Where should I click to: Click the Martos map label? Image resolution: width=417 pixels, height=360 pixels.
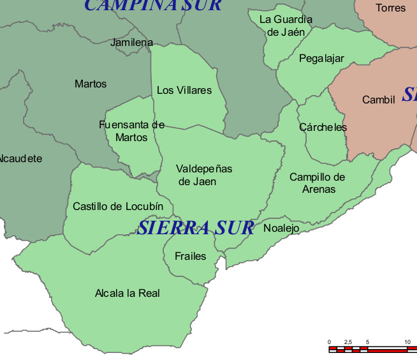click(91, 84)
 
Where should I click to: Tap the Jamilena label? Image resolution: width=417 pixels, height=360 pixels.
click(131, 43)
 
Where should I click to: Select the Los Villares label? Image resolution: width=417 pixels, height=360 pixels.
click(184, 91)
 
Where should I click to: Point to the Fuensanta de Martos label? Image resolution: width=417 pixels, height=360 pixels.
click(132, 131)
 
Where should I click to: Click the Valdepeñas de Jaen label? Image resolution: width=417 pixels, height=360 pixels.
click(204, 175)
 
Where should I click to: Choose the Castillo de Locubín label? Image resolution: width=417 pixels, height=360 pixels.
click(118, 206)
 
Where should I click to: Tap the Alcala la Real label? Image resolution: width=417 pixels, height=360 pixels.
click(127, 294)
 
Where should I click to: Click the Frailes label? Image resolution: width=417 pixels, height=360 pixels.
click(191, 256)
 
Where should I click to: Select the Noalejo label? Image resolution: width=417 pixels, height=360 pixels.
click(281, 228)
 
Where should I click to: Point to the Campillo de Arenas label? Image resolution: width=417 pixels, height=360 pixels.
click(318, 183)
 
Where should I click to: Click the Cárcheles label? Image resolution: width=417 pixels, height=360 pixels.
click(323, 127)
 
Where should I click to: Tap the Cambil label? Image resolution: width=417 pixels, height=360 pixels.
click(379, 100)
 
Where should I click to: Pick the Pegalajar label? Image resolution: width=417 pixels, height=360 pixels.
click(321, 59)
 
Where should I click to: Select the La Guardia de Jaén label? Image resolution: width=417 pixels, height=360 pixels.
click(286, 25)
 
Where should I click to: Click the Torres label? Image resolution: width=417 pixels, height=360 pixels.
click(390, 8)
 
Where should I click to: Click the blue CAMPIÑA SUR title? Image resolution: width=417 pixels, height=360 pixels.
click(153, 6)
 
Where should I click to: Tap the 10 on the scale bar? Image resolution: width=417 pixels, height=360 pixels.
click(407, 343)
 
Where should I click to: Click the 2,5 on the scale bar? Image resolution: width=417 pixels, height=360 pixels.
click(348, 343)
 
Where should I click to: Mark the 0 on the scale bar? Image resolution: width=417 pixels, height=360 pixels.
click(329, 343)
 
